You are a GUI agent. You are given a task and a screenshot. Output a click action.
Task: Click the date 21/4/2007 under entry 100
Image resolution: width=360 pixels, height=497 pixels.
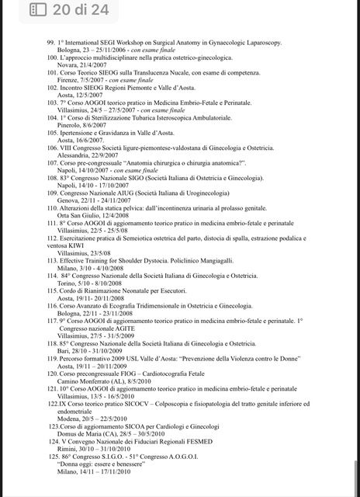click(92, 66)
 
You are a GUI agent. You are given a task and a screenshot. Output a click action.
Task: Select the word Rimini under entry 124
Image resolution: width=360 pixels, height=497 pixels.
click(68, 471)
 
